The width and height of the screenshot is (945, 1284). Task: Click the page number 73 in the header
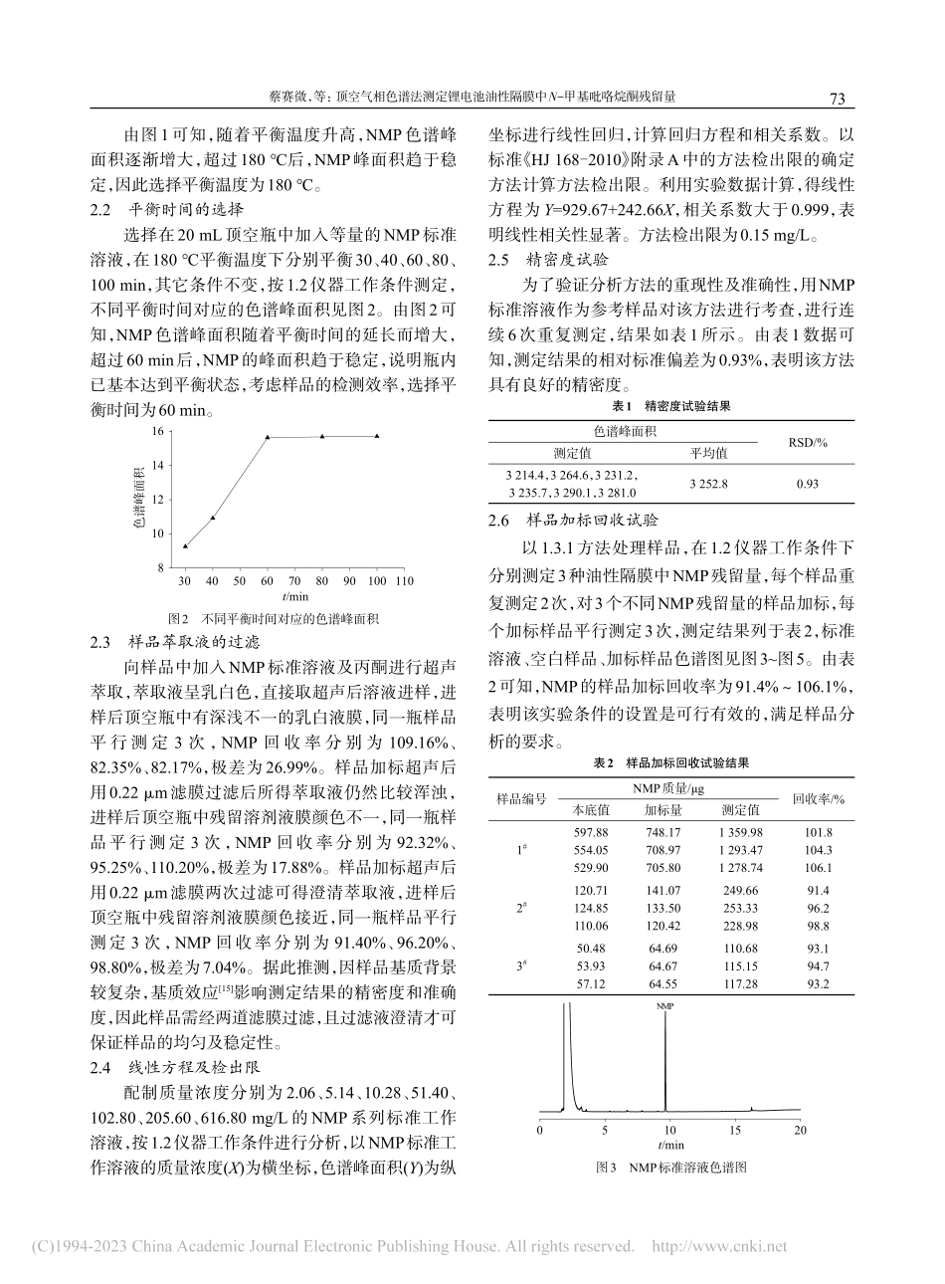(837, 99)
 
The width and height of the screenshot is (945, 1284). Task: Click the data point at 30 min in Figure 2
(185, 545)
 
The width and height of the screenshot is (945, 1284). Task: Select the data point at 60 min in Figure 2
(268, 437)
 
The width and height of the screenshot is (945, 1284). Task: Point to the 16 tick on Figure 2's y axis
(156, 431)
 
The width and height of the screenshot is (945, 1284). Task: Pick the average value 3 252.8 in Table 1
(708, 483)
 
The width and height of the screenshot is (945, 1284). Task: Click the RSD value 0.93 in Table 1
(807, 483)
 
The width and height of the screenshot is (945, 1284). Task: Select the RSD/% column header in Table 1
(807, 442)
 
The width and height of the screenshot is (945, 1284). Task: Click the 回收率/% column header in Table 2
(819, 798)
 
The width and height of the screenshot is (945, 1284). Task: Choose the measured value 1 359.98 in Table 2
(741, 832)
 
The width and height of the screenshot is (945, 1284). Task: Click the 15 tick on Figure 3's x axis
(734, 1130)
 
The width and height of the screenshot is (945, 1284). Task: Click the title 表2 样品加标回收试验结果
(670, 762)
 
